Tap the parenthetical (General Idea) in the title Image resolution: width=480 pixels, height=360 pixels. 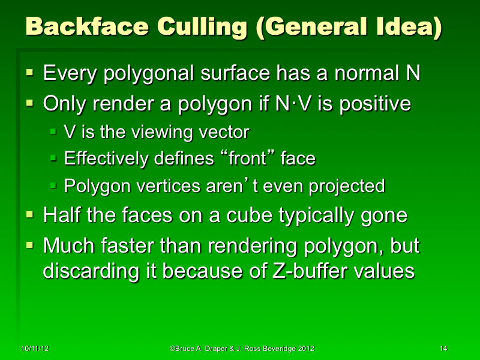(350, 27)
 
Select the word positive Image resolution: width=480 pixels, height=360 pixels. (371, 104)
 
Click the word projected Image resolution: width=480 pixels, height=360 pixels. (346, 186)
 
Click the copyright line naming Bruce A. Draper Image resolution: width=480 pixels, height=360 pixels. (242, 349)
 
